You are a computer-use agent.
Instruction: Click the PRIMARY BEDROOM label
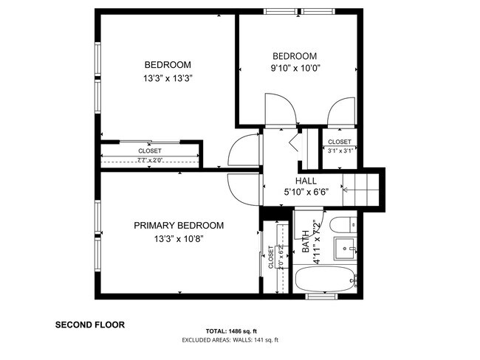pos(179,226)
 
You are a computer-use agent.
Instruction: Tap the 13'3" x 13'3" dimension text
pos(168,77)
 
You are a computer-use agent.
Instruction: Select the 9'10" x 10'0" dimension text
pos(295,69)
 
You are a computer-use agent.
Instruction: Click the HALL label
pos(306,181)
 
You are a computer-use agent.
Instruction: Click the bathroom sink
pos(344,249)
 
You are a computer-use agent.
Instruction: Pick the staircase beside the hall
pos(362,190)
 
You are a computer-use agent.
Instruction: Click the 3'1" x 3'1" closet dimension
pos(339,150)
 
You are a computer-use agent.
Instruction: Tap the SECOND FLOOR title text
pos(90,324)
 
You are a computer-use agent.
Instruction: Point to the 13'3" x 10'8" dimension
pos(179,239)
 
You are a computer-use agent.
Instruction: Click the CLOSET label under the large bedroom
pos(150,151)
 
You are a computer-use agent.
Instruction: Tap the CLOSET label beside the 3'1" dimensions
pos(339,142)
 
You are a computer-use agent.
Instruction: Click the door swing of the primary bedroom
pos(241,187)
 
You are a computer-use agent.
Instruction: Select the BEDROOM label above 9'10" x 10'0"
pos(295,56)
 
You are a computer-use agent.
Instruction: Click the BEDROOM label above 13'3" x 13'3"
pos(168,64)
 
